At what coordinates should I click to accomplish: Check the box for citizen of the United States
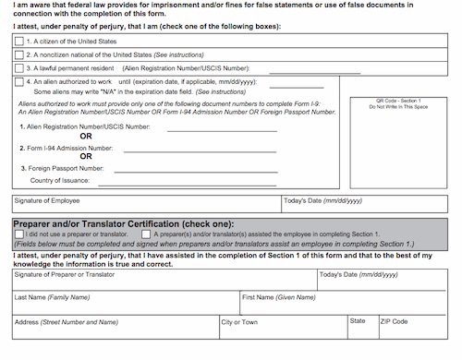click(x=19, y=42)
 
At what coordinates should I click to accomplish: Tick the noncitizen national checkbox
click(x=19, y=54)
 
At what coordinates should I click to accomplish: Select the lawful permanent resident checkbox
click(x=19, y=67)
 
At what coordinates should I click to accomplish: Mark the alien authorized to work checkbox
click(x=19, y=81)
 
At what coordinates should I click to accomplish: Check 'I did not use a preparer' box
click(x=19, y=234)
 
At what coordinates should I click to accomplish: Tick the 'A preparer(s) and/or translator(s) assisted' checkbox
click(x=146, y=234)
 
